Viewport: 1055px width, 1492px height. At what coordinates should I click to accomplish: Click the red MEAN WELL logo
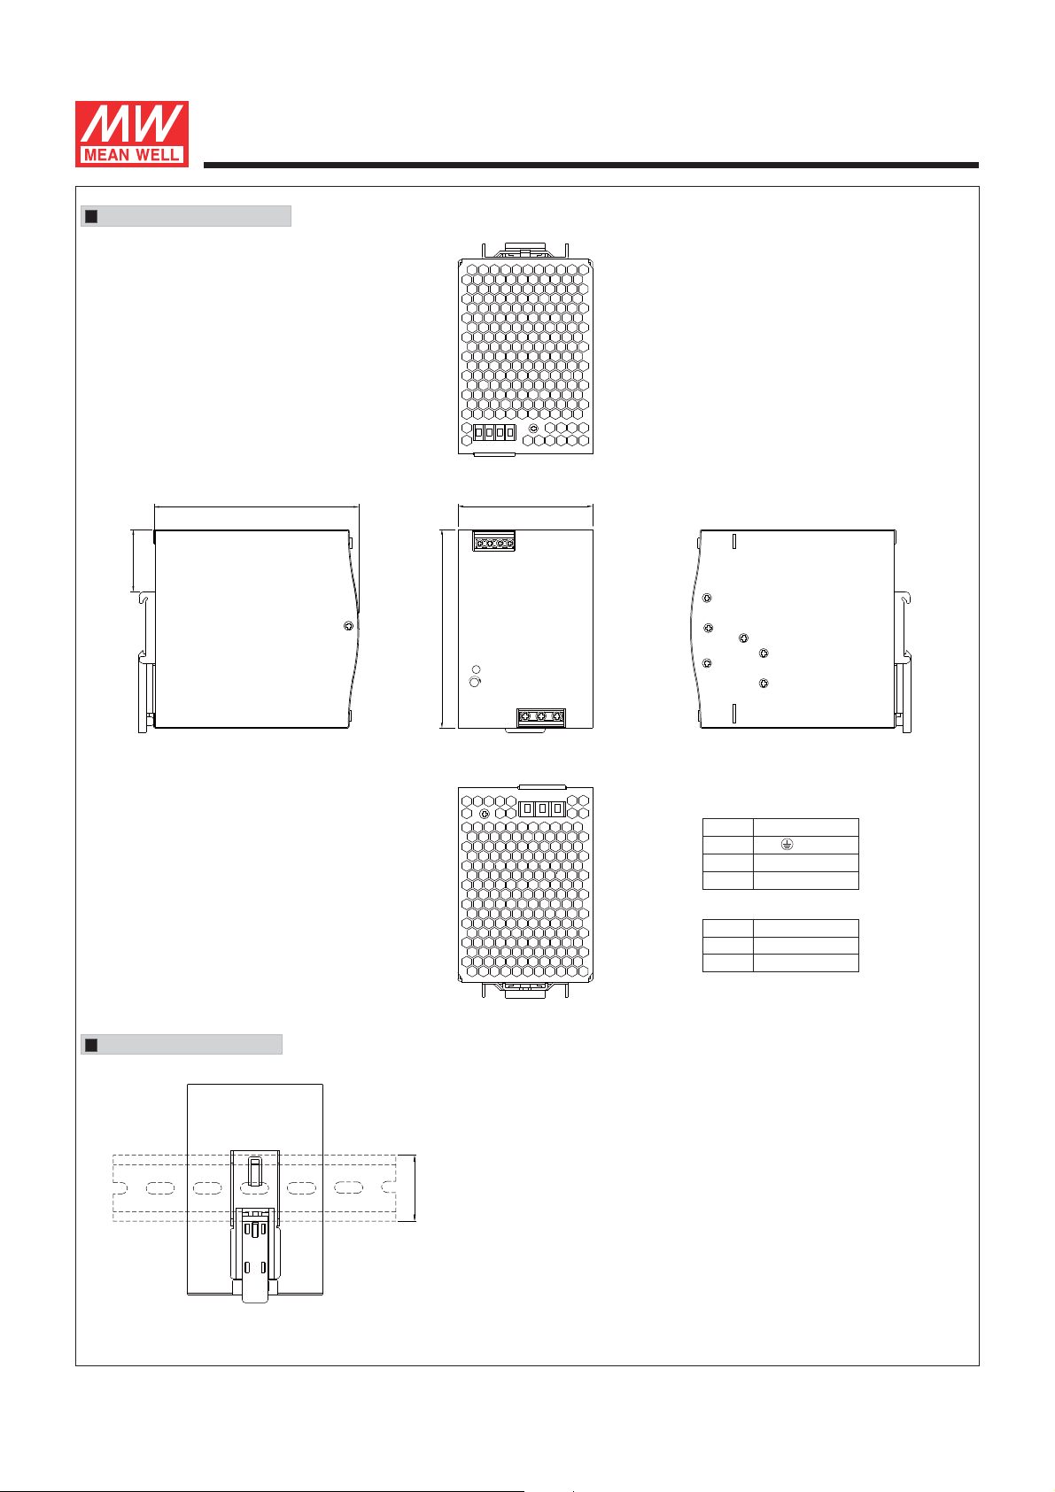point(131,134)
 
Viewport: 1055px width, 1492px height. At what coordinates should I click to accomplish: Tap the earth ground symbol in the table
point(786,845)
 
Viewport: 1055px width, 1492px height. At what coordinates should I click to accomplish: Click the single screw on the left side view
point(348,626)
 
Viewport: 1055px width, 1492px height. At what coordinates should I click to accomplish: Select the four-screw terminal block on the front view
point(493,543)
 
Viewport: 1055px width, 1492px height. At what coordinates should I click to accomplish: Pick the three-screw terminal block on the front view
point(540,716)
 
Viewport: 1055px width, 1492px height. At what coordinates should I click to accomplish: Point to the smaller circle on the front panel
point(477,669)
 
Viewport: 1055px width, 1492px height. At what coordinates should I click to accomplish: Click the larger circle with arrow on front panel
point(475,682)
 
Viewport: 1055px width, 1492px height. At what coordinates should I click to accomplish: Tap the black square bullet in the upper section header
point(90,216)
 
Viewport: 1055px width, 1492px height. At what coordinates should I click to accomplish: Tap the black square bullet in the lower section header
point(90,1045)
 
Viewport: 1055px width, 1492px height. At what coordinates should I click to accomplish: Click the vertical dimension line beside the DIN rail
point(415,1188)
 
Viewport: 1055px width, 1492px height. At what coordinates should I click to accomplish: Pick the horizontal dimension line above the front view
point(525,506)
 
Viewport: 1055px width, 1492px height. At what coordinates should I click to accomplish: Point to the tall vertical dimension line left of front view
point(441,629)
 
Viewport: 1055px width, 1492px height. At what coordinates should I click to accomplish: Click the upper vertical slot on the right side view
point(735,542)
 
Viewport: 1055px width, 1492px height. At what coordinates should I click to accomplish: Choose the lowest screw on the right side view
point(764,683)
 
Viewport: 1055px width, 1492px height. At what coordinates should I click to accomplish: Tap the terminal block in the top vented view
point(494,432)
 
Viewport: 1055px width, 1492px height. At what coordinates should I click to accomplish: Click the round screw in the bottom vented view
point(483,814)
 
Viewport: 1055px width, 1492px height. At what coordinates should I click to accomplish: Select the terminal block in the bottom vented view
point(541,808)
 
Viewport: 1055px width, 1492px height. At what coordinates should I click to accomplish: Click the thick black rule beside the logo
point(591,165)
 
